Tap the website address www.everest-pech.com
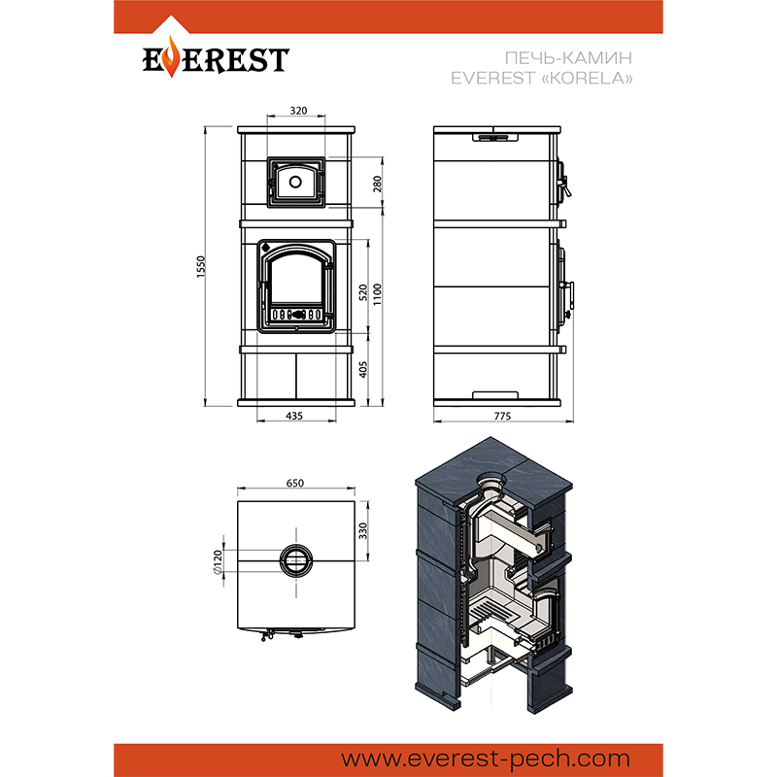tap(485, 760)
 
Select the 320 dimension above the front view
tap(298, 111)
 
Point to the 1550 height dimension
tap(201, 266)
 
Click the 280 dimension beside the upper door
tap(378, 184)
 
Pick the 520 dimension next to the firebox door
tap(363, 292)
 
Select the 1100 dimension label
tap(378, 294)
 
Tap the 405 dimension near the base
tap(363, 370)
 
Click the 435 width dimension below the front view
tap(294, 416)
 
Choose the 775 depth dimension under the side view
tap(502, 416)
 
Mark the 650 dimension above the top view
tap(295, 483)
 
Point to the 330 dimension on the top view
tap(363, 530)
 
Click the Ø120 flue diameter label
tap(218, 562)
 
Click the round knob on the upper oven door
tap(295, 182)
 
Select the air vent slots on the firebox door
tap(296, 314)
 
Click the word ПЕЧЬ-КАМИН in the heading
tap(568, 58)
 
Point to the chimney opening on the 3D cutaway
tap(491, 480)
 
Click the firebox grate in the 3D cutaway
tap(491, 611)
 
